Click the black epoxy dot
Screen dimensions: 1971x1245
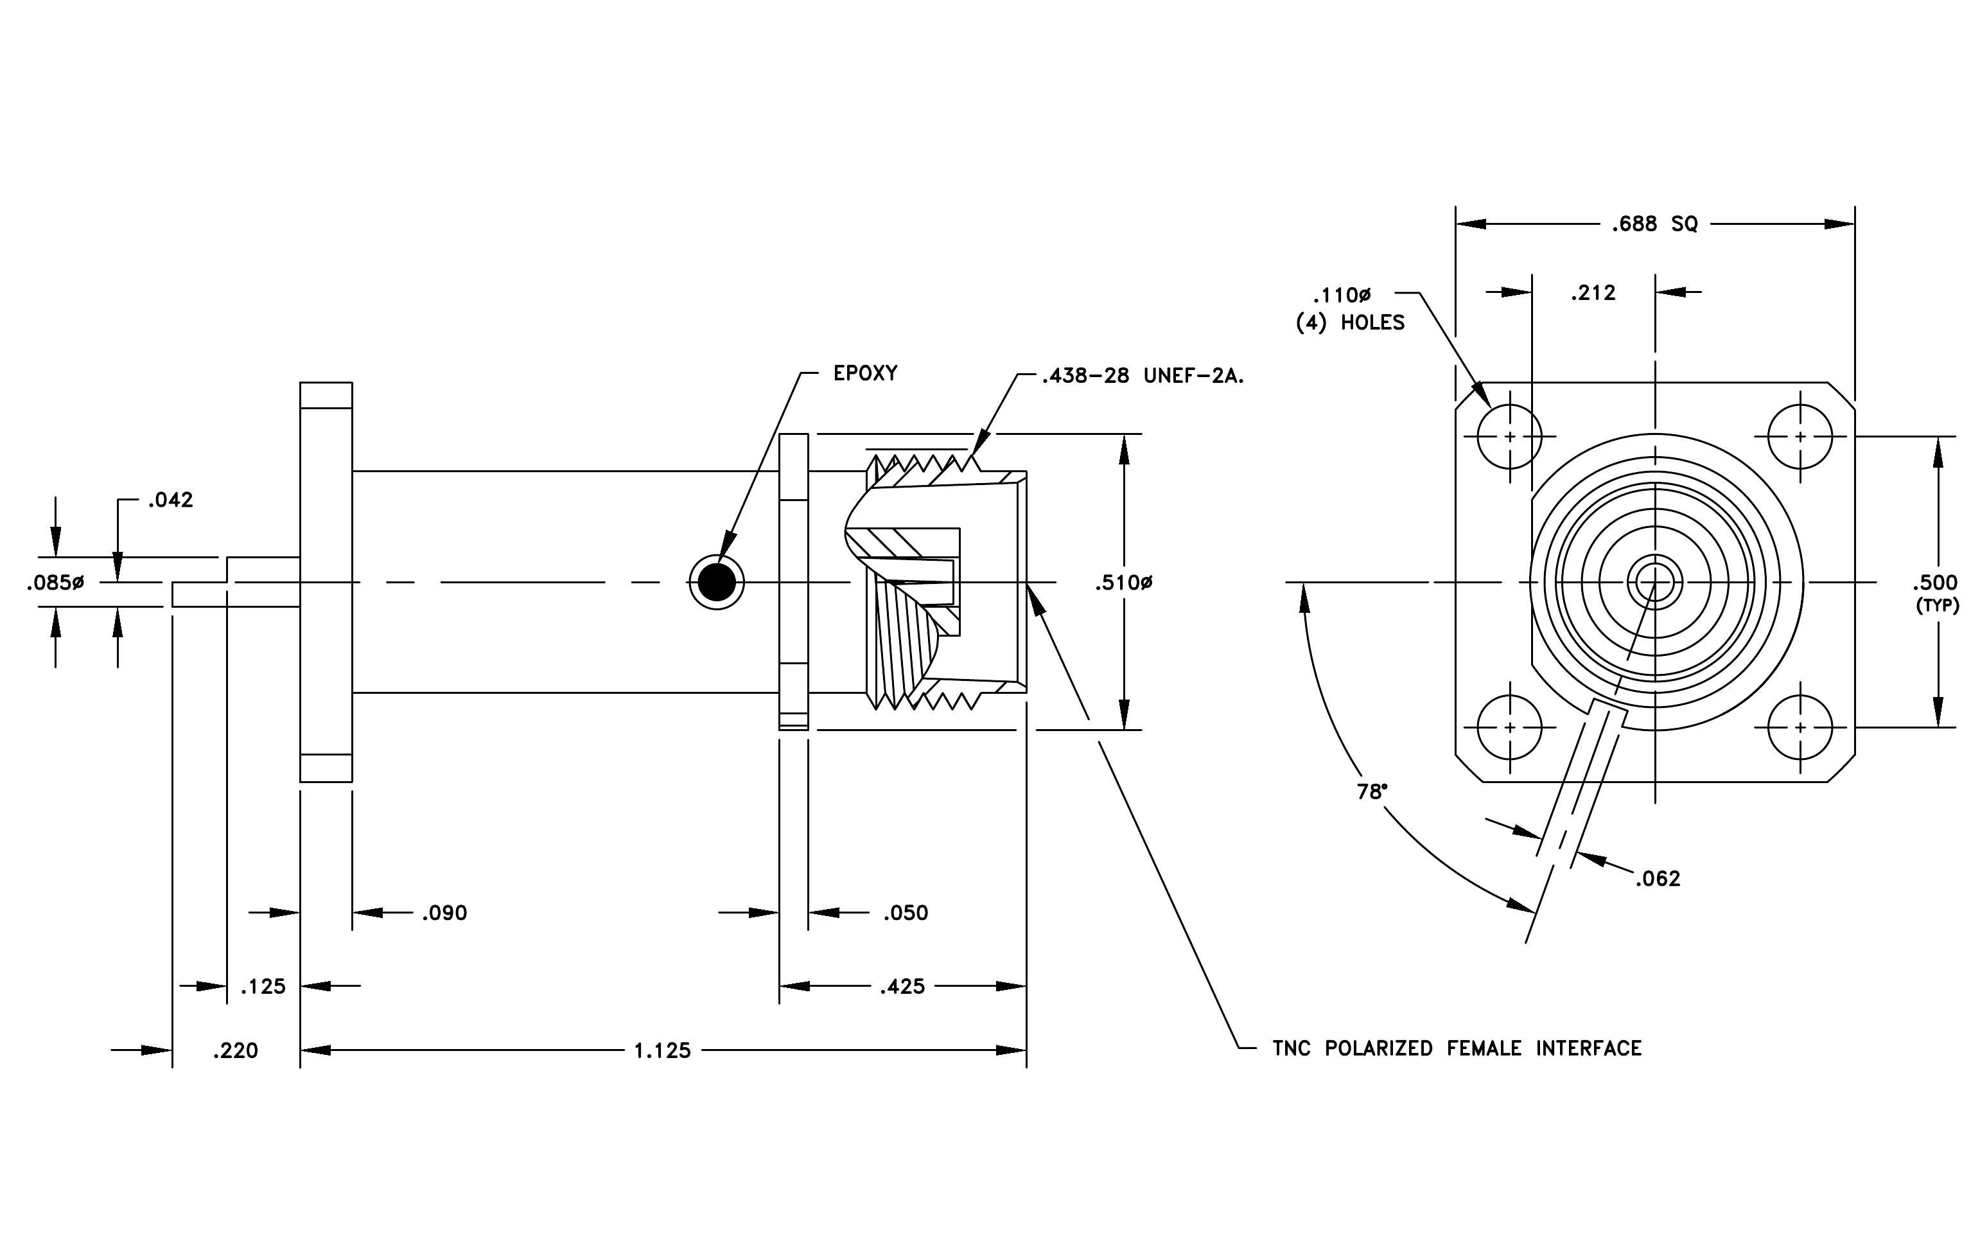coord(717,583)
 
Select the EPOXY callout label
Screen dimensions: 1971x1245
coord(865,373)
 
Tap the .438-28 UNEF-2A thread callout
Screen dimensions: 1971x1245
coord(1143,376)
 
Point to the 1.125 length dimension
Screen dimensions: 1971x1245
coord(662,1050)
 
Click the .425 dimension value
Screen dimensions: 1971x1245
coord(902,986)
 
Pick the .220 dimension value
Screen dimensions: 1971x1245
coord(235,1050)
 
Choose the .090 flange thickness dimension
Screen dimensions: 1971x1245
coord(444,913)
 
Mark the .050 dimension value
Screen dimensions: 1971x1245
coord(906,913)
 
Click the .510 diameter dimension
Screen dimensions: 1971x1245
coord(1124,583)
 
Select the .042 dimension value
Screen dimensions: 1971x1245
coord(170,500)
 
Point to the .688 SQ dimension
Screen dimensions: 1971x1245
coord(1654,224)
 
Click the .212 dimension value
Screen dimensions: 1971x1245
coord(1593,293)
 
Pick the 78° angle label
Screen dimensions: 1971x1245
coord(1372,791)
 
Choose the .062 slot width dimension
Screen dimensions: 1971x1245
coord(1658,879)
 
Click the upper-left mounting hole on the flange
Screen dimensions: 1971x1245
coord(1509,436)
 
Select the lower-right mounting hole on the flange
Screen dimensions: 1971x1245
coord(1800,727)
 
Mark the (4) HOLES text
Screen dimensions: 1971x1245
coord(1350,322)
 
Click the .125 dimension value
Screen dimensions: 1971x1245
coord(263,986)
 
